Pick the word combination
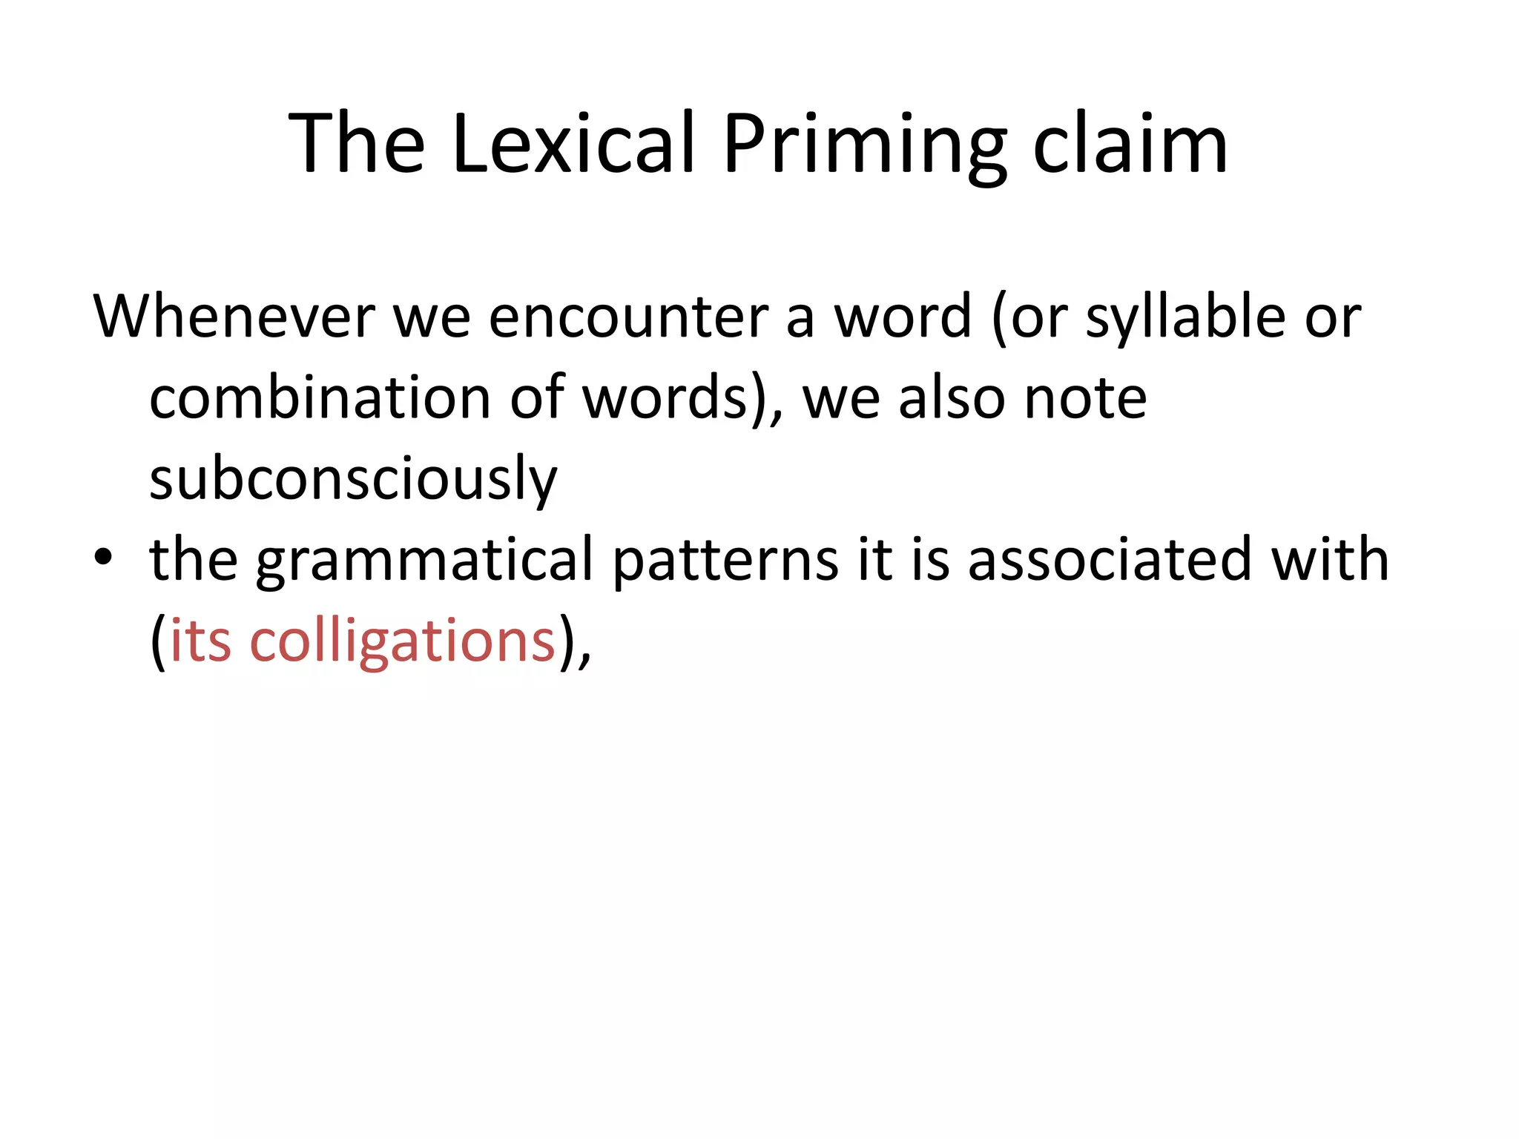(320, 398)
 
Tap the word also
(952, 398)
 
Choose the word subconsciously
(353, 479)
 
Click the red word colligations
(403, 641)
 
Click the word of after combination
(536, 398)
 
